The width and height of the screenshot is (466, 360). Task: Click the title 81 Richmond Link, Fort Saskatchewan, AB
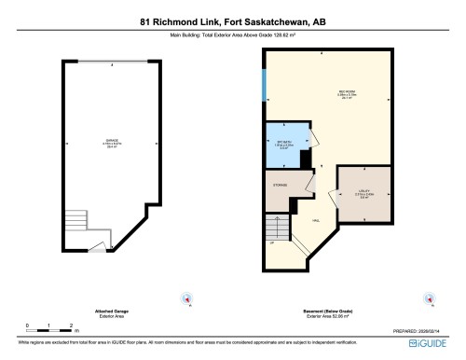point(233,19)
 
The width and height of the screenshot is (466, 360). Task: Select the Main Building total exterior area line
point(233,36)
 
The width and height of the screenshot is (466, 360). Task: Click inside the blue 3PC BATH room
point(283,145)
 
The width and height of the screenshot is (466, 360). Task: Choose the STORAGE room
point(281,186)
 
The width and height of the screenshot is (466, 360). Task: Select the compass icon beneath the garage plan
point(187,300)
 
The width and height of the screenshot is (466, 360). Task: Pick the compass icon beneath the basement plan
point(429,300)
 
